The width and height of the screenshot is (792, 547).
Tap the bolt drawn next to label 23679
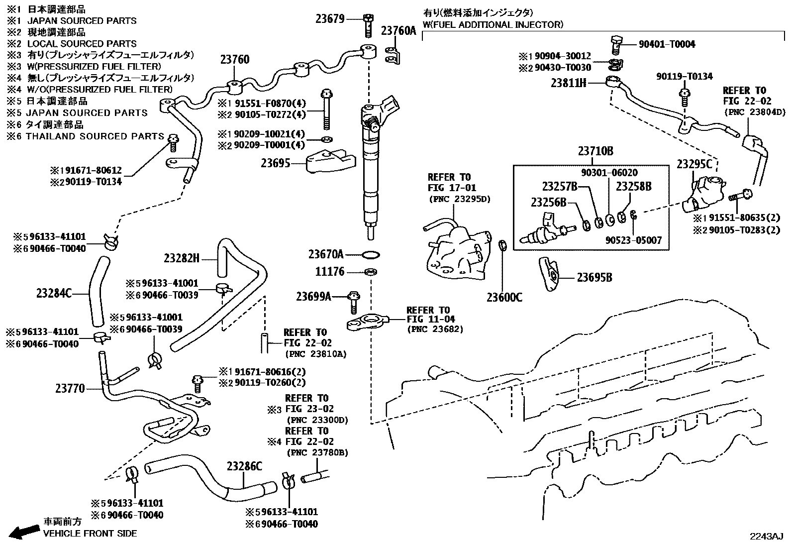coord(368,25)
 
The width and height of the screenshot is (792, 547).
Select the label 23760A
coord(398,30)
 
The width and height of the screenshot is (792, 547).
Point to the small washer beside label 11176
coord(370,272)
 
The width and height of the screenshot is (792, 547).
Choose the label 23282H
coord(182,258)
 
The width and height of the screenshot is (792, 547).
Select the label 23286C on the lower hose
coord(244,466)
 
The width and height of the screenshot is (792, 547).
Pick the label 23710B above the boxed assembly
coord(595,151)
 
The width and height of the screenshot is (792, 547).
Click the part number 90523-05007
coord(634,240)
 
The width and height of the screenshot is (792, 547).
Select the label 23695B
coord(594,277)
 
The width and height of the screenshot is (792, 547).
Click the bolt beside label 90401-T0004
coord(616,44)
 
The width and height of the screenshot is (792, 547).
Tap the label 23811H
coord(568,83)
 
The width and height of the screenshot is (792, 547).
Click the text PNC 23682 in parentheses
coord(435,329)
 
